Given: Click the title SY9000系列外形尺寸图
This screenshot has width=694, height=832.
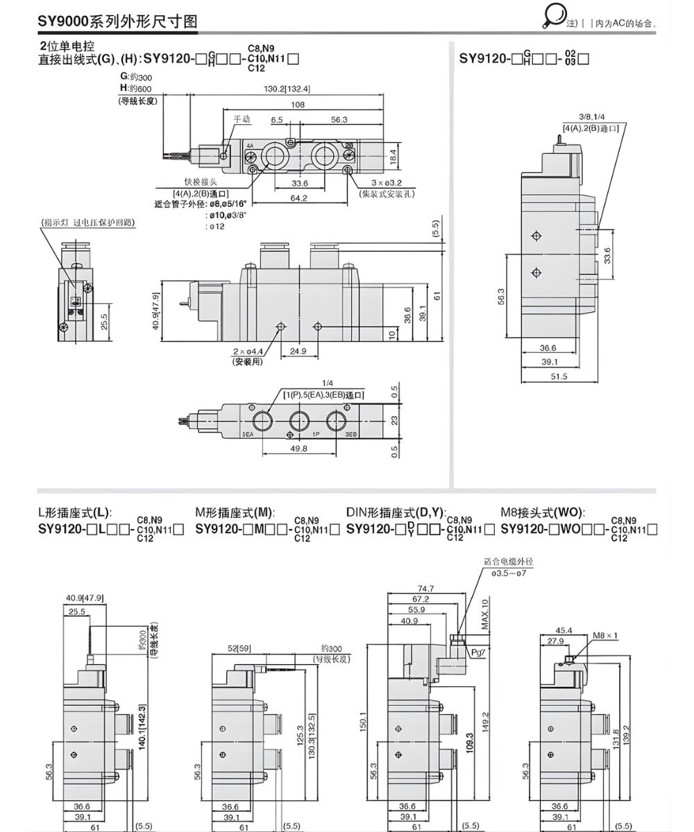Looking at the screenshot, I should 117,21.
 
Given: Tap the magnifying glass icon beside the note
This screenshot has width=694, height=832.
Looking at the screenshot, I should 555,15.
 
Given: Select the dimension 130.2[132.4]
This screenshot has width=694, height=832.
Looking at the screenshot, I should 287,89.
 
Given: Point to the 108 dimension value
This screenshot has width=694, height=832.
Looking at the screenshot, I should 297,105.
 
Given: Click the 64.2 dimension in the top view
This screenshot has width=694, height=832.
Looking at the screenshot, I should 298,198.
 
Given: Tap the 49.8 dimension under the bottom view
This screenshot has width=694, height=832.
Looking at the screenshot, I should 300,449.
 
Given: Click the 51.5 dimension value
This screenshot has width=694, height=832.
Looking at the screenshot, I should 559,376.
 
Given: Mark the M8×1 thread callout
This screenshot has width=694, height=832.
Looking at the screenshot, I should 605,634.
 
